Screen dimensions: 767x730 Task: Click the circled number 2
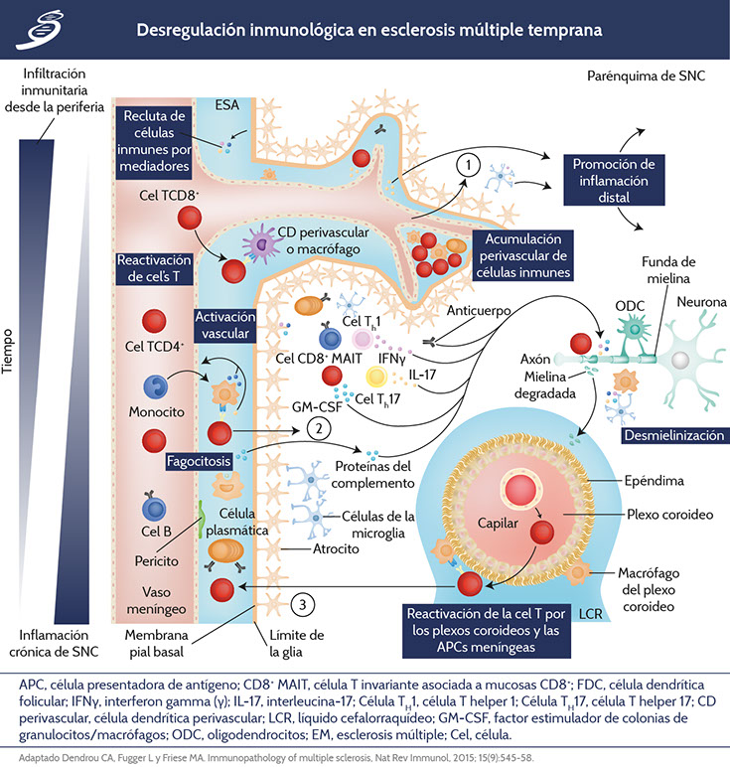(x=318, y=429)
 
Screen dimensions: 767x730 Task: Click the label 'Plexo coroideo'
(x=652, y=516)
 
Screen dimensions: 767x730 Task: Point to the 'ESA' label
(x=226, y=104)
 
